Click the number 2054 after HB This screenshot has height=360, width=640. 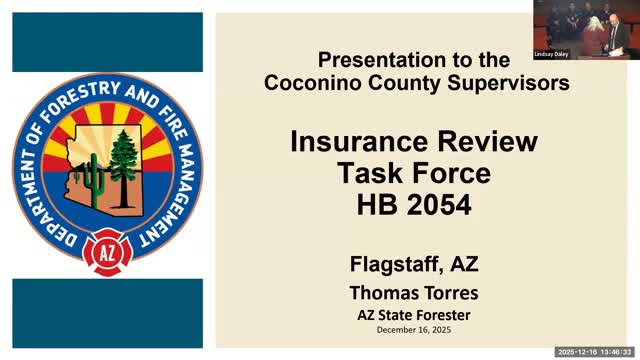(x=439, y=205)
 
